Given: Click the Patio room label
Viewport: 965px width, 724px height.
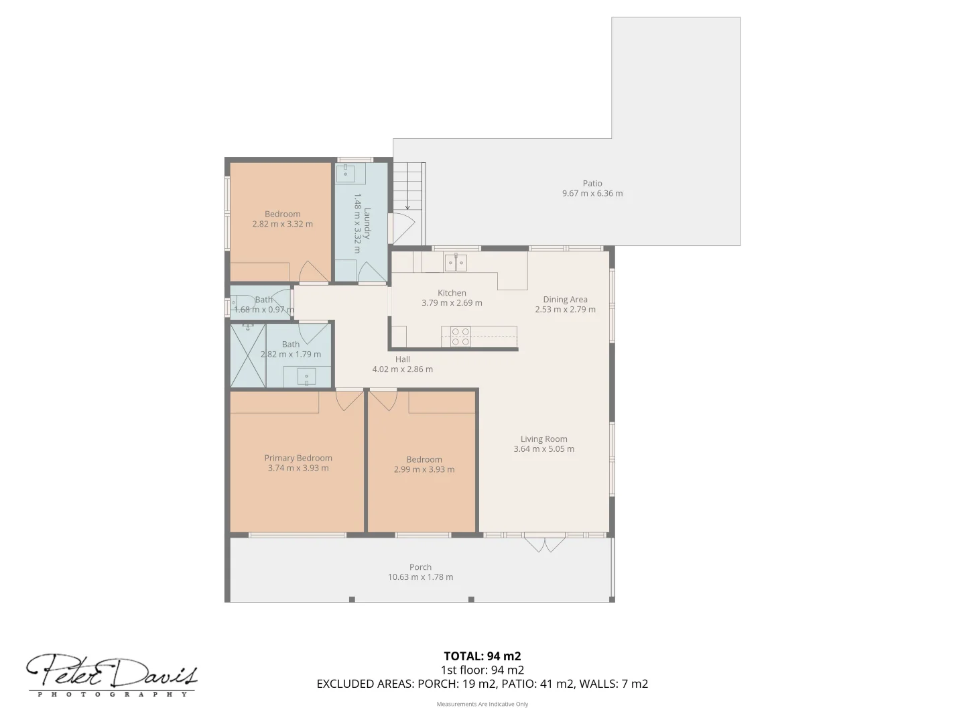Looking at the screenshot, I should (x=592, y=183).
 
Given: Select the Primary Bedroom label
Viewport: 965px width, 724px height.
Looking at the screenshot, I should (x=298, y=458).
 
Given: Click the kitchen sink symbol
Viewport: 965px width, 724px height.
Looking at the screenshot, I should (x=456, y=261).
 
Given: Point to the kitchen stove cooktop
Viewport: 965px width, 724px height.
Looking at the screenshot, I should (x=460, y=337).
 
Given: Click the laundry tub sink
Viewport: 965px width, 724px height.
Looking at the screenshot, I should (x=345, y=173).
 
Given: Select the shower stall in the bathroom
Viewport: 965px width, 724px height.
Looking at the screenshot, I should (x=248, y=355).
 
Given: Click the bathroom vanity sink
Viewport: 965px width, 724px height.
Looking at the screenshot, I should (x=306, y=377).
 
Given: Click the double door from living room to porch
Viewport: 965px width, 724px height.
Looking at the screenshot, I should (x=545, y=543).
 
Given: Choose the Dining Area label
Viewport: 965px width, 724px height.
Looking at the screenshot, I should (x=565, y=300).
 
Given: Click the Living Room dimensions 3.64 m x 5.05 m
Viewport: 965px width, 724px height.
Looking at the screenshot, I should (x=543, y=449).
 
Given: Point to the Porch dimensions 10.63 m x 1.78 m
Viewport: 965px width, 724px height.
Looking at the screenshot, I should (x=420, y=577).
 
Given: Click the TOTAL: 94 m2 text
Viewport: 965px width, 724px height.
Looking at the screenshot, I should (x=482, y=656).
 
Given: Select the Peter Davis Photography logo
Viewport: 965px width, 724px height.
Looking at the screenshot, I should (x=112, y=674).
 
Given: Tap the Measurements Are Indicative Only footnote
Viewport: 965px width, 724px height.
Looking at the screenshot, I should (x=482, y=704).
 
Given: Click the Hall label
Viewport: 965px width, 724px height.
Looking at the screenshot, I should (x=402, y=359).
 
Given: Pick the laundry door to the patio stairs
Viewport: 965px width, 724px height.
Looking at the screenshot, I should (x=402, y=228).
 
